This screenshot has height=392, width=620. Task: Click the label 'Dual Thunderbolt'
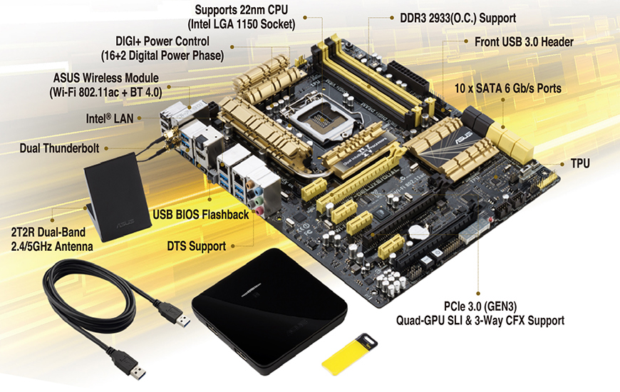tap(60, 148)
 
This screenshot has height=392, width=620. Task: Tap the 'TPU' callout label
tap(580, 163)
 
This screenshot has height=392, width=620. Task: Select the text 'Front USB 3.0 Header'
tap(524, 42)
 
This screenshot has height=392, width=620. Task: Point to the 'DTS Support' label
tap(197, 246)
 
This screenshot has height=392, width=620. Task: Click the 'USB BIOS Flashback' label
tap(201, 215)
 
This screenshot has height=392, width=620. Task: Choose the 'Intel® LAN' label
tap(110, 118)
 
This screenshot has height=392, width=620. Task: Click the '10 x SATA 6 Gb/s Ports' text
tap(508, 88)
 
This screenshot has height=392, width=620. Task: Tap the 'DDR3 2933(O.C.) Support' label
tap(458, 19)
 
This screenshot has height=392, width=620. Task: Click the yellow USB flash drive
tap(349, 354)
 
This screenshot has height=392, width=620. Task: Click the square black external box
tap(269, 311)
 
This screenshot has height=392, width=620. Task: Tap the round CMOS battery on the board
tap(419, 232)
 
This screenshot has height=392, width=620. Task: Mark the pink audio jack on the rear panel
tap(259, 212)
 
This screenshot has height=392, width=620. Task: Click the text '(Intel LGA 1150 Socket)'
tap(241, 24)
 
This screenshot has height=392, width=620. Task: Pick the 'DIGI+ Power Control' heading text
tap(162, 41)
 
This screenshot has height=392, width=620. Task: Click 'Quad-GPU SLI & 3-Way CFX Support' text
tap(480, 321)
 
